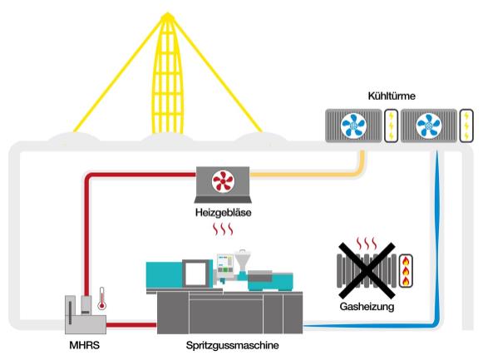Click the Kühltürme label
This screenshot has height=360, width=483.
[x=392, y=96]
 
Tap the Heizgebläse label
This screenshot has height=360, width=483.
[x=223, y=213]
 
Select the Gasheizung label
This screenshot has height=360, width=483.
[x=367, y=307]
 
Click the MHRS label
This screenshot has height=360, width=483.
[x=85, y=345]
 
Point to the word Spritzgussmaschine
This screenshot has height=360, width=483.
[x=232, y=345]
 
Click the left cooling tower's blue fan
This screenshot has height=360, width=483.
[x=353, y=126]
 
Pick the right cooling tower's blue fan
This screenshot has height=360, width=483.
[x=428, y=126]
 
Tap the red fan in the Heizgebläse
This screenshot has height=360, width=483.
[x=223, y=181]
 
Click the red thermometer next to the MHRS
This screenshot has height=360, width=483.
[x=101, y=298]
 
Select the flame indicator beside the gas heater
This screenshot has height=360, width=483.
[x=406, y=271]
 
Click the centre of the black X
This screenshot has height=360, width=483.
[x=367, y=271]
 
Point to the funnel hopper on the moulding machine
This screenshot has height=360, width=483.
[x=243, y=259]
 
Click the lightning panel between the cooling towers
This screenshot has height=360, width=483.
[x=392, y=126]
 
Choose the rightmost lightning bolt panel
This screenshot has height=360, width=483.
[x=466, y=126]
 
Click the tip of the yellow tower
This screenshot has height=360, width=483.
[x=168, y=13]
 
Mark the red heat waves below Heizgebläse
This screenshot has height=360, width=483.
[x=223, y=229]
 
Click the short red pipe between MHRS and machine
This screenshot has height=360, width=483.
[x=131, y=325]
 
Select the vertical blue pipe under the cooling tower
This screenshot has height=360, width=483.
[x=436, y=237]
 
